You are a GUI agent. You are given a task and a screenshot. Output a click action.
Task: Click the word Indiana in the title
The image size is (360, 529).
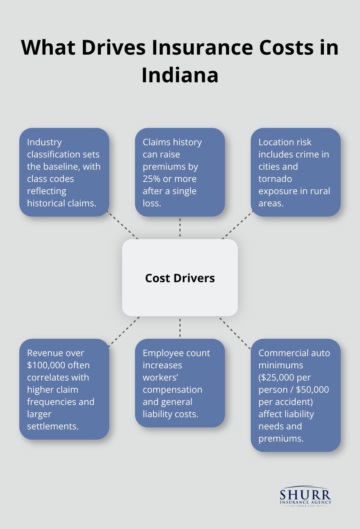[x=180, y=75]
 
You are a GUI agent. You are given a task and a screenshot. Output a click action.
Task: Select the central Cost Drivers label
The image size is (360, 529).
[x=180, y=278]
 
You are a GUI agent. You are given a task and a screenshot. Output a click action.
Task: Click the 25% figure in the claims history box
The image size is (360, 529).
[x=151, y=179]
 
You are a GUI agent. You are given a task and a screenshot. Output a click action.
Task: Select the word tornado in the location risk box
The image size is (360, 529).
[x=275, y=179]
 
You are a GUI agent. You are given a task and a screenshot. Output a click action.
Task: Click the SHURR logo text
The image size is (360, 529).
[x=305, y=495]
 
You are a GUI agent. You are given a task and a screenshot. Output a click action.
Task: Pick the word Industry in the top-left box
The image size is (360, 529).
[x=44, y=142]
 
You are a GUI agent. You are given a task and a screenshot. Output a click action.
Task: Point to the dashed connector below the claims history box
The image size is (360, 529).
[x=180, y=228]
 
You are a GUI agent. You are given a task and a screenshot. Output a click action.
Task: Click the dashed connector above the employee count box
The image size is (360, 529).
[x=180, y=327]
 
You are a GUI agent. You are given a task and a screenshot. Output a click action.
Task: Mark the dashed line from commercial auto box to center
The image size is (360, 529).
[x=234, y=332]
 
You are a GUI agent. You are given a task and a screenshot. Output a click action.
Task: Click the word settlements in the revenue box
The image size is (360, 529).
[x=53, y=426]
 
